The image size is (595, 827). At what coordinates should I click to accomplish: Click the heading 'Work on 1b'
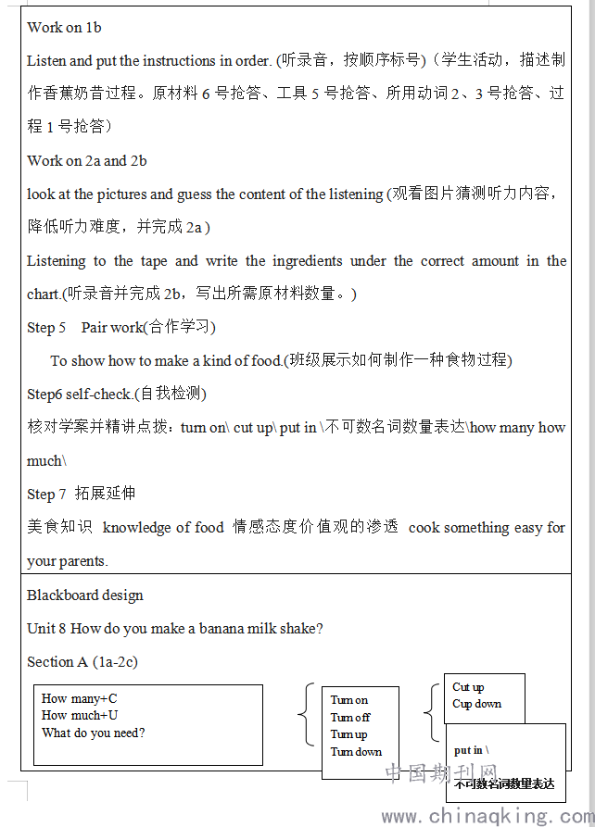click(x=64, y=28)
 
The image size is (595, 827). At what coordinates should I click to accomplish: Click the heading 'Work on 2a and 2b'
click(x=86, y=161)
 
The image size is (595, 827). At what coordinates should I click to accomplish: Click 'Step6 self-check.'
click(x=80, y=395)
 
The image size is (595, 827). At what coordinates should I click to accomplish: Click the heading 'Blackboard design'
click(x=85, y=595)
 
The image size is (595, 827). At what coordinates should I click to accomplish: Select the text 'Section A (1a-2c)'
click(x=82, y=662)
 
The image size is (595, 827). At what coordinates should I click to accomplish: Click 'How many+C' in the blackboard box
click(x=80, y=698)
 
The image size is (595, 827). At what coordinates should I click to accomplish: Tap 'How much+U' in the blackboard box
click(x=80, y=715)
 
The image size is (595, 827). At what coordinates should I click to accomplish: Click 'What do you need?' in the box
click(x=93, y=733)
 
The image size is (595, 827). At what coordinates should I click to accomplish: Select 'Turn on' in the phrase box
click(x=349, y=700)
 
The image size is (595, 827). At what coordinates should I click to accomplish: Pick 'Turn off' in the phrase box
click(x=350, y=718)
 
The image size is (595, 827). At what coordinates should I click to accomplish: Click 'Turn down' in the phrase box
click(x=356, y=752)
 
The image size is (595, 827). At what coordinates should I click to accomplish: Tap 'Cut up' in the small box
click(x=468, y=687)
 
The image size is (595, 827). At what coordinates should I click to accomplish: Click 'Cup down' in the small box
click(x=476, y=704)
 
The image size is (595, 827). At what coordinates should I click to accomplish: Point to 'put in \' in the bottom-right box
click(x=472, y=750)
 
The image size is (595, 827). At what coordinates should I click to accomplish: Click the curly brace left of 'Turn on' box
click(x=308, y=715)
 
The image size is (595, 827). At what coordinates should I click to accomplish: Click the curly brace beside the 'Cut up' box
click(x=431, y=712)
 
